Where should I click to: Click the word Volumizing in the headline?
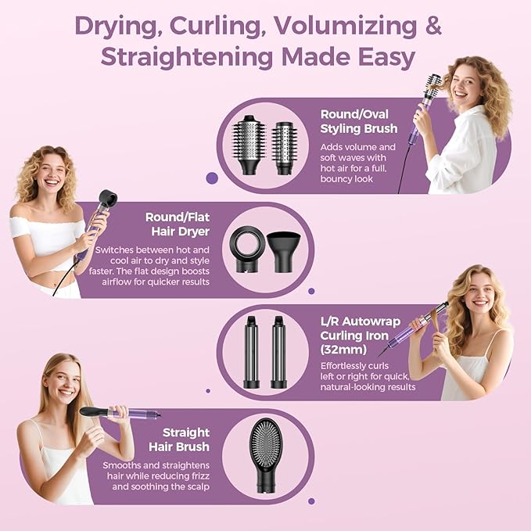click(x=346, y=27)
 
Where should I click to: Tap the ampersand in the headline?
click(x=433, y=26)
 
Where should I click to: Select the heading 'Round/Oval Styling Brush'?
click(x=359, y=121)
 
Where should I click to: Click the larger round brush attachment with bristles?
click(x=249, y=145)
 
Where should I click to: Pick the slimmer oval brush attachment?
click(x=285, y=149)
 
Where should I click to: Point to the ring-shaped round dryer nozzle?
click(x=246, y=249)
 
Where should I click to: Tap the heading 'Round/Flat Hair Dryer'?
click(x=178, y=224)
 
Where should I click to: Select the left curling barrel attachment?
click(x=251, y=352)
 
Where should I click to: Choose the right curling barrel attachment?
click(x=278, y=352)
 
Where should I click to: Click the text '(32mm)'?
click(x=343, y=350)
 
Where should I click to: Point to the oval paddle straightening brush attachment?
click(x=265, y=455)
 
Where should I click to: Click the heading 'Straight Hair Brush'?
click(x=179, y=440)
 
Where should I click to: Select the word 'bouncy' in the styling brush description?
click(x=336, y=179)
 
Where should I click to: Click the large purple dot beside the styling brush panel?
click(x=212, y=178)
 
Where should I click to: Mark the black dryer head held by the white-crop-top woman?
click(x=107, y=199)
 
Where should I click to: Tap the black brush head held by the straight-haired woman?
click(x=94, y=412)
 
